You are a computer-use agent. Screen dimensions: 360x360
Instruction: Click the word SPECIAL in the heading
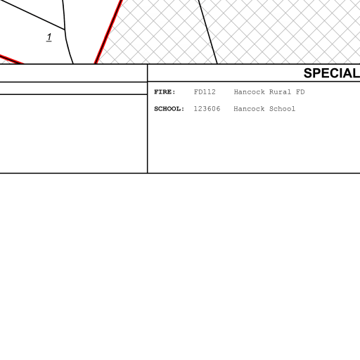click(332, 73)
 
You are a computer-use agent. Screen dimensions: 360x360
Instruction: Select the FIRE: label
click(165, 92)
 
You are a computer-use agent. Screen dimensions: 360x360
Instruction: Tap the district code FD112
click(205, 92)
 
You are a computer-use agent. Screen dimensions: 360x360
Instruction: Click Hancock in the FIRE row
click(250, 92)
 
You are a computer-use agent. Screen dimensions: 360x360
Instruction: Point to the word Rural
click(280, 92)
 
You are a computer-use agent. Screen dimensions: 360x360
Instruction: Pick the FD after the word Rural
click(300, 92)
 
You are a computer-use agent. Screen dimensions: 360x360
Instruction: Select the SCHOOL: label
click(169, 109)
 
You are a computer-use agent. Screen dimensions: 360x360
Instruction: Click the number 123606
click(207, 109)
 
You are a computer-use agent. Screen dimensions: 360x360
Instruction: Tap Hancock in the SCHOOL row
click(249, 109)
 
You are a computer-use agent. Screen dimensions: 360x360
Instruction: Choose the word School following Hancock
click(282, 109)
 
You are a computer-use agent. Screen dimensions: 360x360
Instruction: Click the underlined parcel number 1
click(49, 37)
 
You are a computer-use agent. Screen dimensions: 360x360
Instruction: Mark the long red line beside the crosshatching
click(108, 32)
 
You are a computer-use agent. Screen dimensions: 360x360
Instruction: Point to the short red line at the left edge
click(11, 59)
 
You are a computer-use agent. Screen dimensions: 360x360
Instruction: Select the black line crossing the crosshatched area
click(208, 32)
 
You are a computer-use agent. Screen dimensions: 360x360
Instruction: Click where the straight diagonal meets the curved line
click(65, 30)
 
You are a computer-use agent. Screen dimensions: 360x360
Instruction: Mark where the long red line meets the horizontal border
click(96, 63)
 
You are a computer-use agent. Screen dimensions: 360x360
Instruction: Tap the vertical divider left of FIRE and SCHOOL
click(148, 119)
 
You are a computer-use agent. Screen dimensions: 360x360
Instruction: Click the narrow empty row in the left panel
click(73, 89)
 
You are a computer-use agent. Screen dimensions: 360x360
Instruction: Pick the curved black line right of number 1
click(67, 32)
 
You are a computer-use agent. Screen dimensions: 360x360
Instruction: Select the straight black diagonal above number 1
click(33, 15)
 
